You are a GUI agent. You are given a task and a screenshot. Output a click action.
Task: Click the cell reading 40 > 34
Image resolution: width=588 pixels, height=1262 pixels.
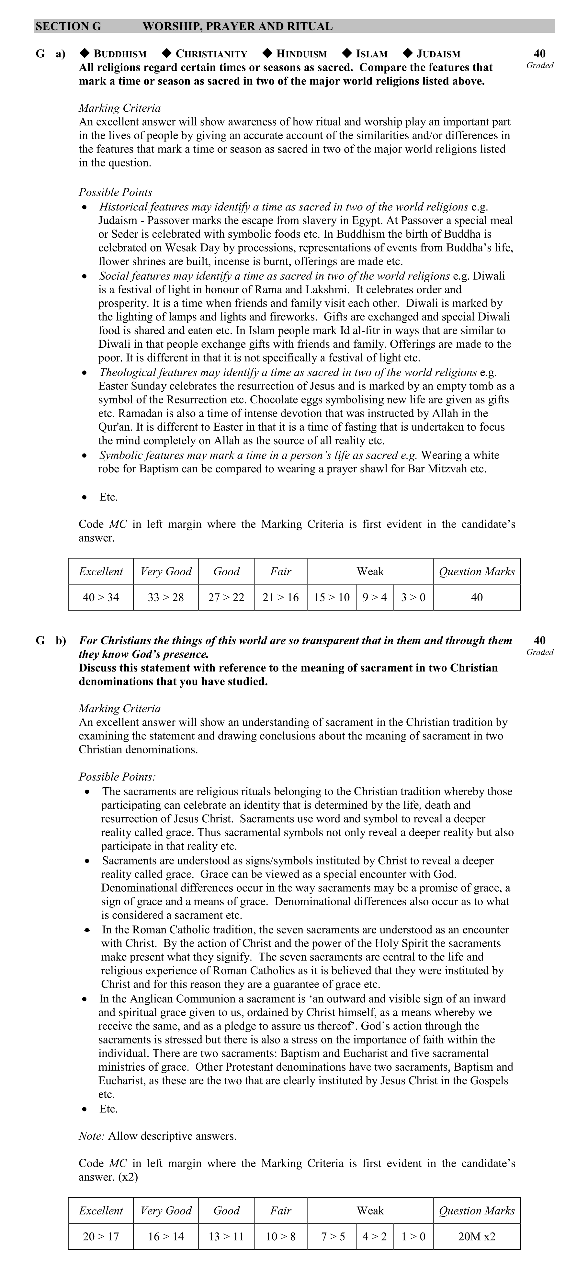[x=101, y=597]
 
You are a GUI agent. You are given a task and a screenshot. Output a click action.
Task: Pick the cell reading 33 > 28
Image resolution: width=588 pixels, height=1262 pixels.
[x=166, y=597]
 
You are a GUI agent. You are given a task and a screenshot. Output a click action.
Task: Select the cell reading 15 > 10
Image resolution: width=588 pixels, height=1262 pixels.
[x=332, y=597]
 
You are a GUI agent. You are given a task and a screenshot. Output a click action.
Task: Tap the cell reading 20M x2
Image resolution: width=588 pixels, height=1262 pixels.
[x=476, y=1236]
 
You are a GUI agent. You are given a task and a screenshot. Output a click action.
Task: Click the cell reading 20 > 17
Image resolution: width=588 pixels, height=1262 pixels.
[x=101, y=1236]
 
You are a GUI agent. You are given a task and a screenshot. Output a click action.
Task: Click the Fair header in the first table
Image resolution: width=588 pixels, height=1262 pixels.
[x=280, y=571]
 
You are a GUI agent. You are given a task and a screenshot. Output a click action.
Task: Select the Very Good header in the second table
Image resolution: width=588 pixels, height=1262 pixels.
[x=166, y=1210]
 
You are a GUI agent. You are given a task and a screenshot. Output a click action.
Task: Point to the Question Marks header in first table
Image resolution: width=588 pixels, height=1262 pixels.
[x=476, y=571]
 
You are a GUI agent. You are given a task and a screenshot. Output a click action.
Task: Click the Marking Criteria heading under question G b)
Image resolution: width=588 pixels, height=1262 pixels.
[x=119, y=708]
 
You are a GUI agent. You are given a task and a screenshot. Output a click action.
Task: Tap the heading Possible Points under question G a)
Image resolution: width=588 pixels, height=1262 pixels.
[x=115, y=192]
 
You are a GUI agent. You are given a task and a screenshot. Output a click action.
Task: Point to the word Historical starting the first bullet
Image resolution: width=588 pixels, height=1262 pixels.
[x=122, y=207]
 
